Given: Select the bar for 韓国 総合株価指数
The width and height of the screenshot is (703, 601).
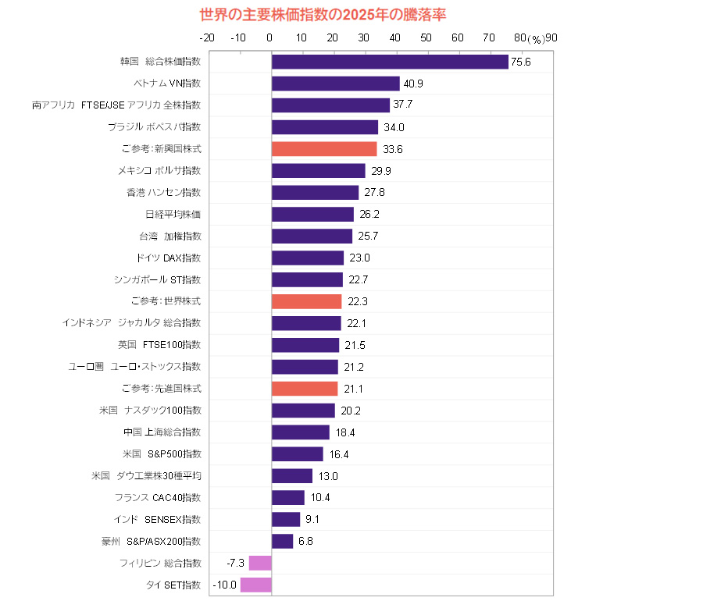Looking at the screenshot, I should point(390,62).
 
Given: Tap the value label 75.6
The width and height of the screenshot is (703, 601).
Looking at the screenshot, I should point(521,62).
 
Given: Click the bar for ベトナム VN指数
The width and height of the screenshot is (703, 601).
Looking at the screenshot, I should point(336,84).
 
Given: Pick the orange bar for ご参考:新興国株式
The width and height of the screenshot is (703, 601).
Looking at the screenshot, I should point(324,149).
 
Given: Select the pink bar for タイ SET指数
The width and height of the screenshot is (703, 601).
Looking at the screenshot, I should point(256,585).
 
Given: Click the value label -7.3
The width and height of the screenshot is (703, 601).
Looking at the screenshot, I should point(236,563).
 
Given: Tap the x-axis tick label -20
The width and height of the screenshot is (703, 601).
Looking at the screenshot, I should point(208,37).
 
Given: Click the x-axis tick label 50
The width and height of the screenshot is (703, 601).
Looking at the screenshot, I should point(426,37).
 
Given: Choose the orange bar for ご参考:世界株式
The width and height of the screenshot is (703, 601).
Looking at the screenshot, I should point(307,301).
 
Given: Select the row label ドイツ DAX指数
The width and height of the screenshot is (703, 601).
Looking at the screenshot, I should point(169,258).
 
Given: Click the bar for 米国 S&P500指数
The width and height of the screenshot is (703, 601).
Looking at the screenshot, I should point(298,453).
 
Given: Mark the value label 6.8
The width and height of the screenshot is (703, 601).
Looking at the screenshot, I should point(305,541).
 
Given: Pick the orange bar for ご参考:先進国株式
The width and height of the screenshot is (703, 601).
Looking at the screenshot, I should point(305,388).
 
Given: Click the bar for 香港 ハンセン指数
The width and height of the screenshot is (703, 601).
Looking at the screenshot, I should point(316,192).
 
